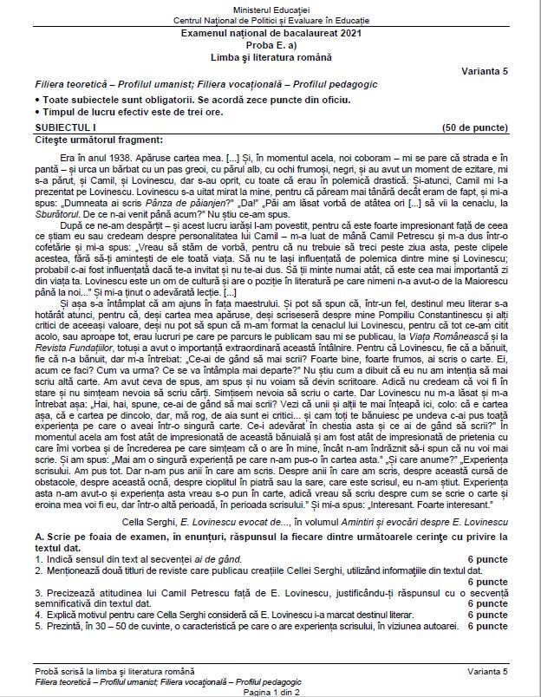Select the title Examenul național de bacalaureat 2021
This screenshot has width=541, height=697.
pos(270,33)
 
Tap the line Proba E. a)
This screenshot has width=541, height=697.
pos(270,44)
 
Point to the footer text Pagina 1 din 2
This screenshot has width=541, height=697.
pos(270,691)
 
